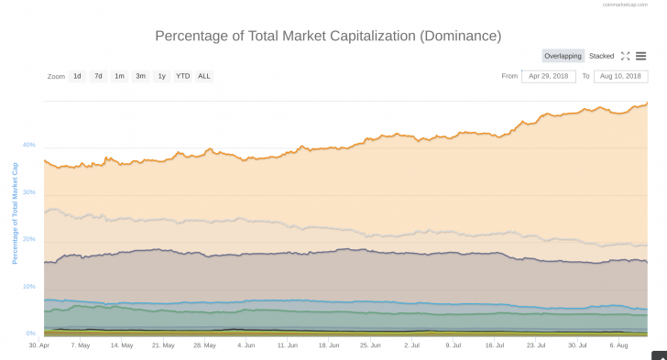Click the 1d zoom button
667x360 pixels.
click(x=77, y=76)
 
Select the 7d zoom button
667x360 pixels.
click(x=98, y=76)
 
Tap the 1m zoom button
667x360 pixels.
click(x=119, y=76)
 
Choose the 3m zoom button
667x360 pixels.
click(x=140, y=76)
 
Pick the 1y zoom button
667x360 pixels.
click(x=161, y=76)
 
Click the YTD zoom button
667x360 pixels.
click(x=182, y=76)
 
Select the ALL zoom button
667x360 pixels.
click(x=204, y=76)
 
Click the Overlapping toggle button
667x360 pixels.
click(x=563, y=56)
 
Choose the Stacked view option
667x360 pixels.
click(x=601, y=56)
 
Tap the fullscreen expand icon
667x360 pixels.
click(x=625, y=56)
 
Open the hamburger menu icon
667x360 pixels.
click(x=641, y=56)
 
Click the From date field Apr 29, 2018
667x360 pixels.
click(x=548, y=76)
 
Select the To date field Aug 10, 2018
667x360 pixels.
click(x=619, y=76)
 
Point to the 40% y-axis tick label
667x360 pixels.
click(x=29, y=145)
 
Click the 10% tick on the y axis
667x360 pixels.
click(x=29, y=287)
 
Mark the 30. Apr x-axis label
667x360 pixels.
click(x=39, y=345)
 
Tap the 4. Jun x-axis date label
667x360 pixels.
click(x=246, y=345)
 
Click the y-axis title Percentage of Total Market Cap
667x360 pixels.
click(x=15, y=213)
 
